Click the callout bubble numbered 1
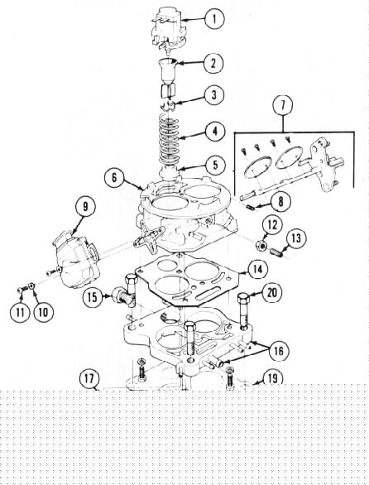coord(214,19)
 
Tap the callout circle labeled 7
coord(283,105)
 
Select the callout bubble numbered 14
coord(257,270)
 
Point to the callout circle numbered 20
coord(272,292)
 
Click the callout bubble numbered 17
coord(89,379)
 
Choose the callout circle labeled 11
coord(20,312)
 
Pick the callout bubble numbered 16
coord(279,351)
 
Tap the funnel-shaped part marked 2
coord(169,71)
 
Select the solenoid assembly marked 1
coord(168,31)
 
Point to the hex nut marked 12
coord(261,245)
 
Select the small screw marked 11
coord(22,290)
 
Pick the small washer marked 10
coord(31,286)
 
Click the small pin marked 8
coord(251,207)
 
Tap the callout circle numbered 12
coord(272,225)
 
